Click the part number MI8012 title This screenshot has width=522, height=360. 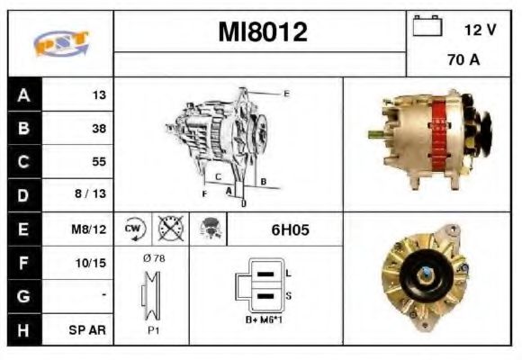(262, 32)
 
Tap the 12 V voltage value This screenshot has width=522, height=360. (479, 30)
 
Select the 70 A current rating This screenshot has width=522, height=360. (463, 61)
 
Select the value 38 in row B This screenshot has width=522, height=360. (98, 129)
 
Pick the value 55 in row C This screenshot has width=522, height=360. (98, 162)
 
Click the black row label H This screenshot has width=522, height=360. (23, 329)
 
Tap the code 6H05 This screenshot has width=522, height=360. (290, 229)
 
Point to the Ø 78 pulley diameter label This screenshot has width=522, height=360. (154, 258)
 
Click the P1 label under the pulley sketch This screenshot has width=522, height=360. (154, 330)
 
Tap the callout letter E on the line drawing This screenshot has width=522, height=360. (286, 94)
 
